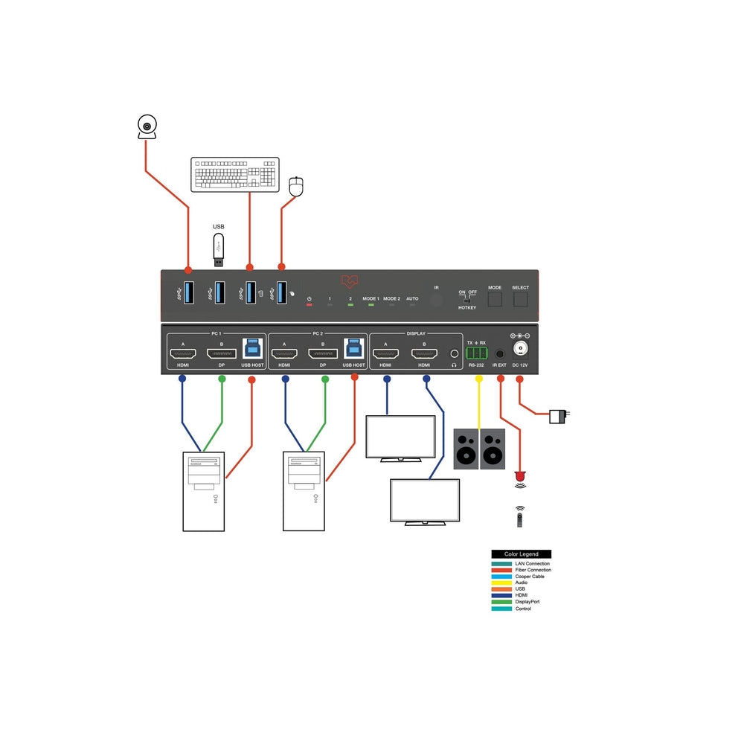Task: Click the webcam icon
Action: (147, 127)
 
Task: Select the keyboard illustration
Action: (234, 175)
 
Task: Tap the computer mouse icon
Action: (296, 186)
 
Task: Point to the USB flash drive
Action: (219, 249)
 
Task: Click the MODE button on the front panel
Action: (495, 299)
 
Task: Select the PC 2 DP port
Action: (323, 353)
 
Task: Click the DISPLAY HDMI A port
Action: (385, 353)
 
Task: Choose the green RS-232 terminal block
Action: (476, 353)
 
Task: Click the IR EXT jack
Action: (499, 354)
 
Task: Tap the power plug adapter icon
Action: (559, 415)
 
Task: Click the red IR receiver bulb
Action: (520, 475)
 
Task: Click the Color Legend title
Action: (521, 554)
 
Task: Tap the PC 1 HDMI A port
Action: (182, 353)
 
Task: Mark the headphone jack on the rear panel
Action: (454, 353)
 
